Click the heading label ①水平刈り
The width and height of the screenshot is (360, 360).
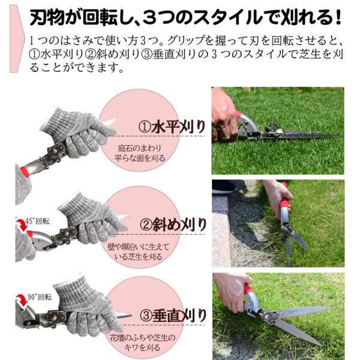172,127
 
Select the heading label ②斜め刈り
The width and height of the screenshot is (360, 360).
173,225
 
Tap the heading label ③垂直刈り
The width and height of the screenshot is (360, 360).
173,316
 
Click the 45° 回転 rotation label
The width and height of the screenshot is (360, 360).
37,221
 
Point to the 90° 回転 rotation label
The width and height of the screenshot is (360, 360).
40,297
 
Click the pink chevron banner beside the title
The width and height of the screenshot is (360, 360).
17,38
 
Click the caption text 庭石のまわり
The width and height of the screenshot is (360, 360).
140,148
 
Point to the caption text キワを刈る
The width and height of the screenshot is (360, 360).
142,347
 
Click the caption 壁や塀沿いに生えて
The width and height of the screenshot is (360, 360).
138,247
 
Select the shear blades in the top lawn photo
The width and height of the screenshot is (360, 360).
298,135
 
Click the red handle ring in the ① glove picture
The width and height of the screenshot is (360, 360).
24,172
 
